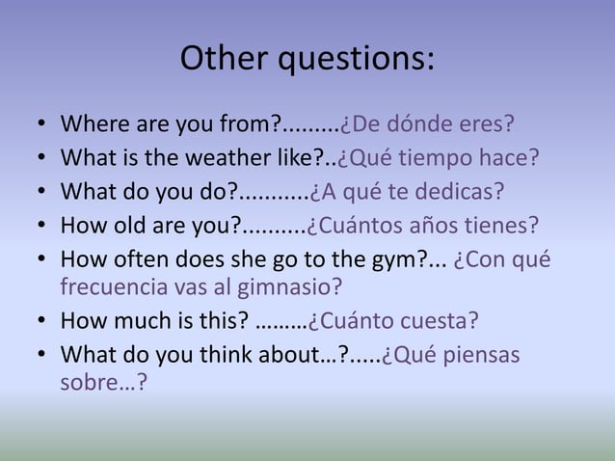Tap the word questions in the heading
coord(356,61)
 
